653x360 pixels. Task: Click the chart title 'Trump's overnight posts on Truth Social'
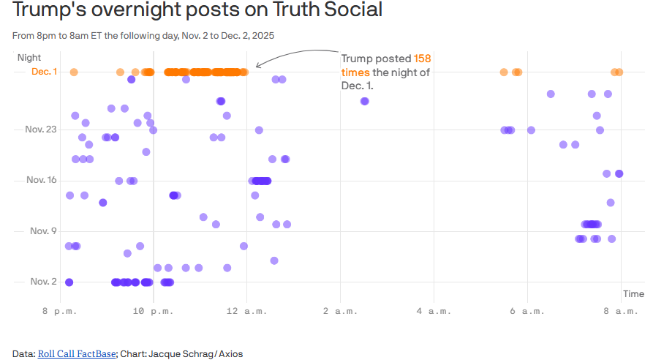197,11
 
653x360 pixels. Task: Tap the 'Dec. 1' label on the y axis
44,72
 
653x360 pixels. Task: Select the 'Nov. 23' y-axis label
41,130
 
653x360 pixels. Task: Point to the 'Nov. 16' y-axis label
42,180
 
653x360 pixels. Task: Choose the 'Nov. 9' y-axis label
43,231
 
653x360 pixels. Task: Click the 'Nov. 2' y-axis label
43,282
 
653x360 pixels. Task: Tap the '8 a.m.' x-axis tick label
622,312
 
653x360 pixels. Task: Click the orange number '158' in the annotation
423,59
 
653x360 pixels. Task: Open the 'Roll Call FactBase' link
77,354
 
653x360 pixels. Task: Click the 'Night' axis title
29,57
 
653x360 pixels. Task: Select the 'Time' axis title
633,294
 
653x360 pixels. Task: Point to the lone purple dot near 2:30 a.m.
364,101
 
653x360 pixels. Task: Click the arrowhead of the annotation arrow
258,66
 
